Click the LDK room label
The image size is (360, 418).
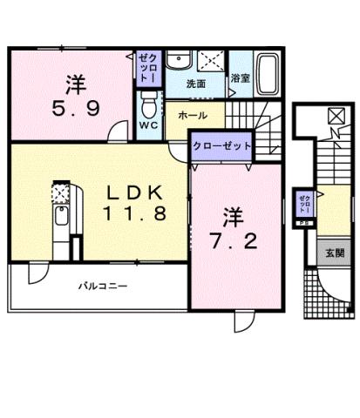click(x=133, y=192)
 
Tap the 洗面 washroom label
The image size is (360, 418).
click(x=196, y=84)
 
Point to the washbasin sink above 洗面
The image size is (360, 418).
click(x=180, y=59)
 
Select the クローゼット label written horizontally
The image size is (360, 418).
click(x=221, y=146)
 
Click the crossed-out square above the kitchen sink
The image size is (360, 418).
click(x=61, y=191)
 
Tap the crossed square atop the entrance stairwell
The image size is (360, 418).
click(x=336, y=115)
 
